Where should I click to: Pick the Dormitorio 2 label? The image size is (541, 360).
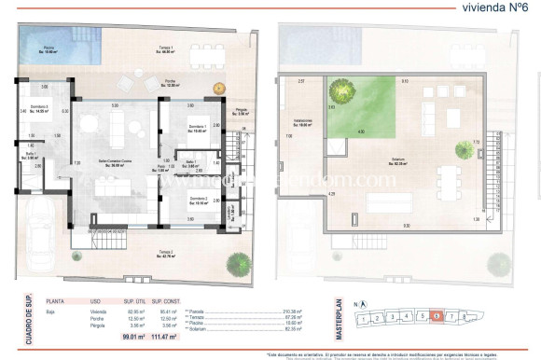[x=197, y=201]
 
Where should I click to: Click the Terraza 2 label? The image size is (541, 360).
[x=164, y=253]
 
